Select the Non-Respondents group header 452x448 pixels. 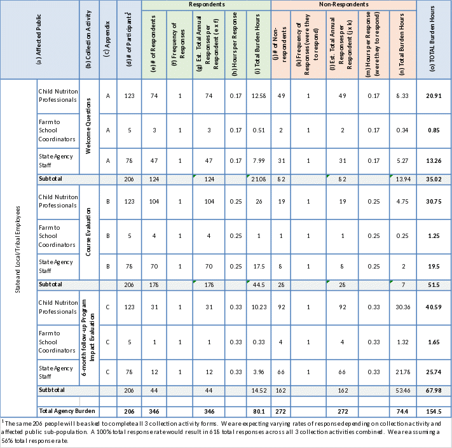coord(343,4)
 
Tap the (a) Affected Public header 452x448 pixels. coord(39,39)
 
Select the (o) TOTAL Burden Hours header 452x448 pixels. coord(434,39)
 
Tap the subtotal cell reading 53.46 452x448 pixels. coord(403,389)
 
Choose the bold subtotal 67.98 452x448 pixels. coord(434,389)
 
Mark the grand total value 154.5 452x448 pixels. coord(434,410)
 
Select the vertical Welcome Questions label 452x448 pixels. coord(89,127)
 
